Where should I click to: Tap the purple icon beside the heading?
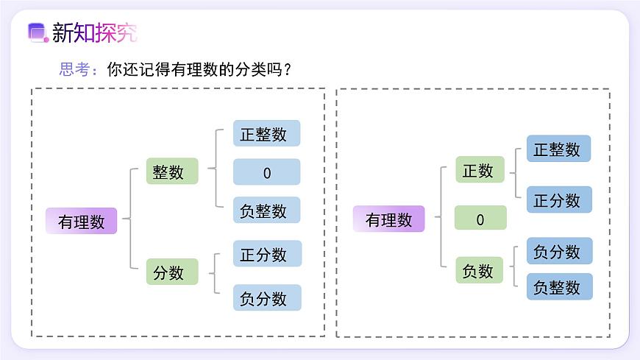click(37, 32)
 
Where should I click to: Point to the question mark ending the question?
click(288, 69)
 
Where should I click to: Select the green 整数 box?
click(172, 171)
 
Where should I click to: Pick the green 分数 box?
click(172, 272)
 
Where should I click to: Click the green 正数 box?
click(479, 169)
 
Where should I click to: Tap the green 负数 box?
click(479, 270)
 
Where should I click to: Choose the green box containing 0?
click(480, 219)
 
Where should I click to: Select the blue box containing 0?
click(266, 172)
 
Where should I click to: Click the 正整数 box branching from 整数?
click(266, 133)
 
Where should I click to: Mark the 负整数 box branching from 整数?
click(266, 210)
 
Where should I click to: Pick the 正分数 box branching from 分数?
click(266, 253)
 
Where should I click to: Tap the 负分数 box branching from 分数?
click(266, 297)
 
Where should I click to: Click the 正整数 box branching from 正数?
click(559, 149)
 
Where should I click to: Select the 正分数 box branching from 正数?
click(559, 200)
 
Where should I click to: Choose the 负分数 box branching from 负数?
click(559, 251)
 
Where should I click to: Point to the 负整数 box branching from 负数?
click(559, 286)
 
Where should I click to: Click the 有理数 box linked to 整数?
click(82, 221)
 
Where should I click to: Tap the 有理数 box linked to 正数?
click(389, 219)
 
